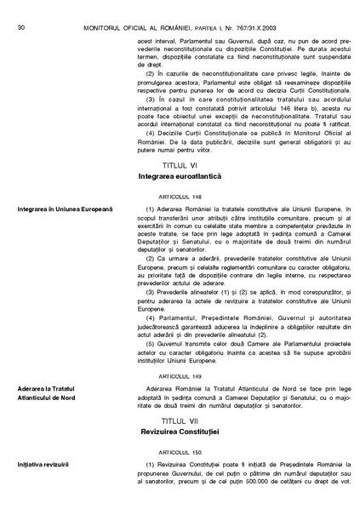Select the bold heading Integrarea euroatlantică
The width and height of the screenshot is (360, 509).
(178, 174)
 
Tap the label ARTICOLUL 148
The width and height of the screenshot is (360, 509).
(178, 194)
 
